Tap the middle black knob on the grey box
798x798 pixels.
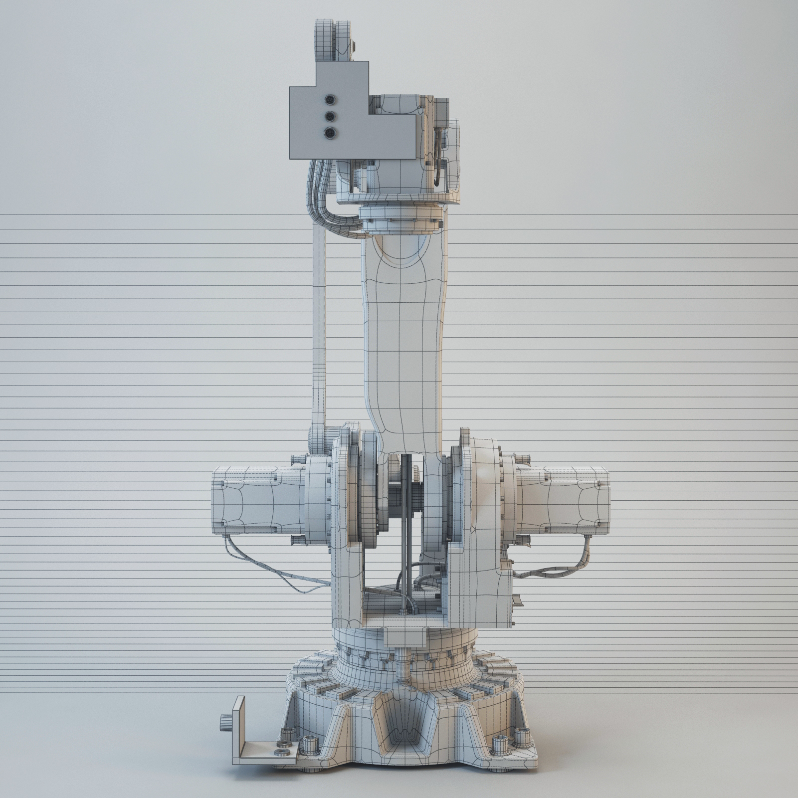(330, 116)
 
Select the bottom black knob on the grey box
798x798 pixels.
(330, 133)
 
